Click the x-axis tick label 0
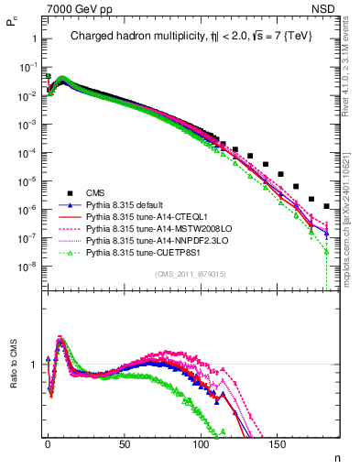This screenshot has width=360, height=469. click(x=47, y=442)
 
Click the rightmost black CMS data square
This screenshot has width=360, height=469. click(x=327, y=207)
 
